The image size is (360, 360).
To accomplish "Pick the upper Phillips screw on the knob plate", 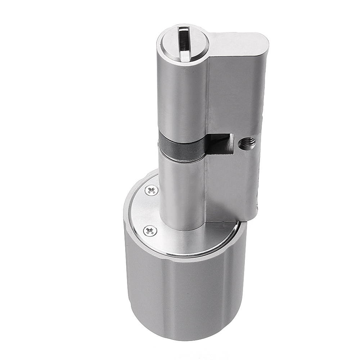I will click(151, 190).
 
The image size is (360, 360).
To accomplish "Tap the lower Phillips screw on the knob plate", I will click(150, 231).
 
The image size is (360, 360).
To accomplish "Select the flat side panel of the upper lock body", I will click(234, 94).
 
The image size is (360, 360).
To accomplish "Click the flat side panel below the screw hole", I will click(230, 184).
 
